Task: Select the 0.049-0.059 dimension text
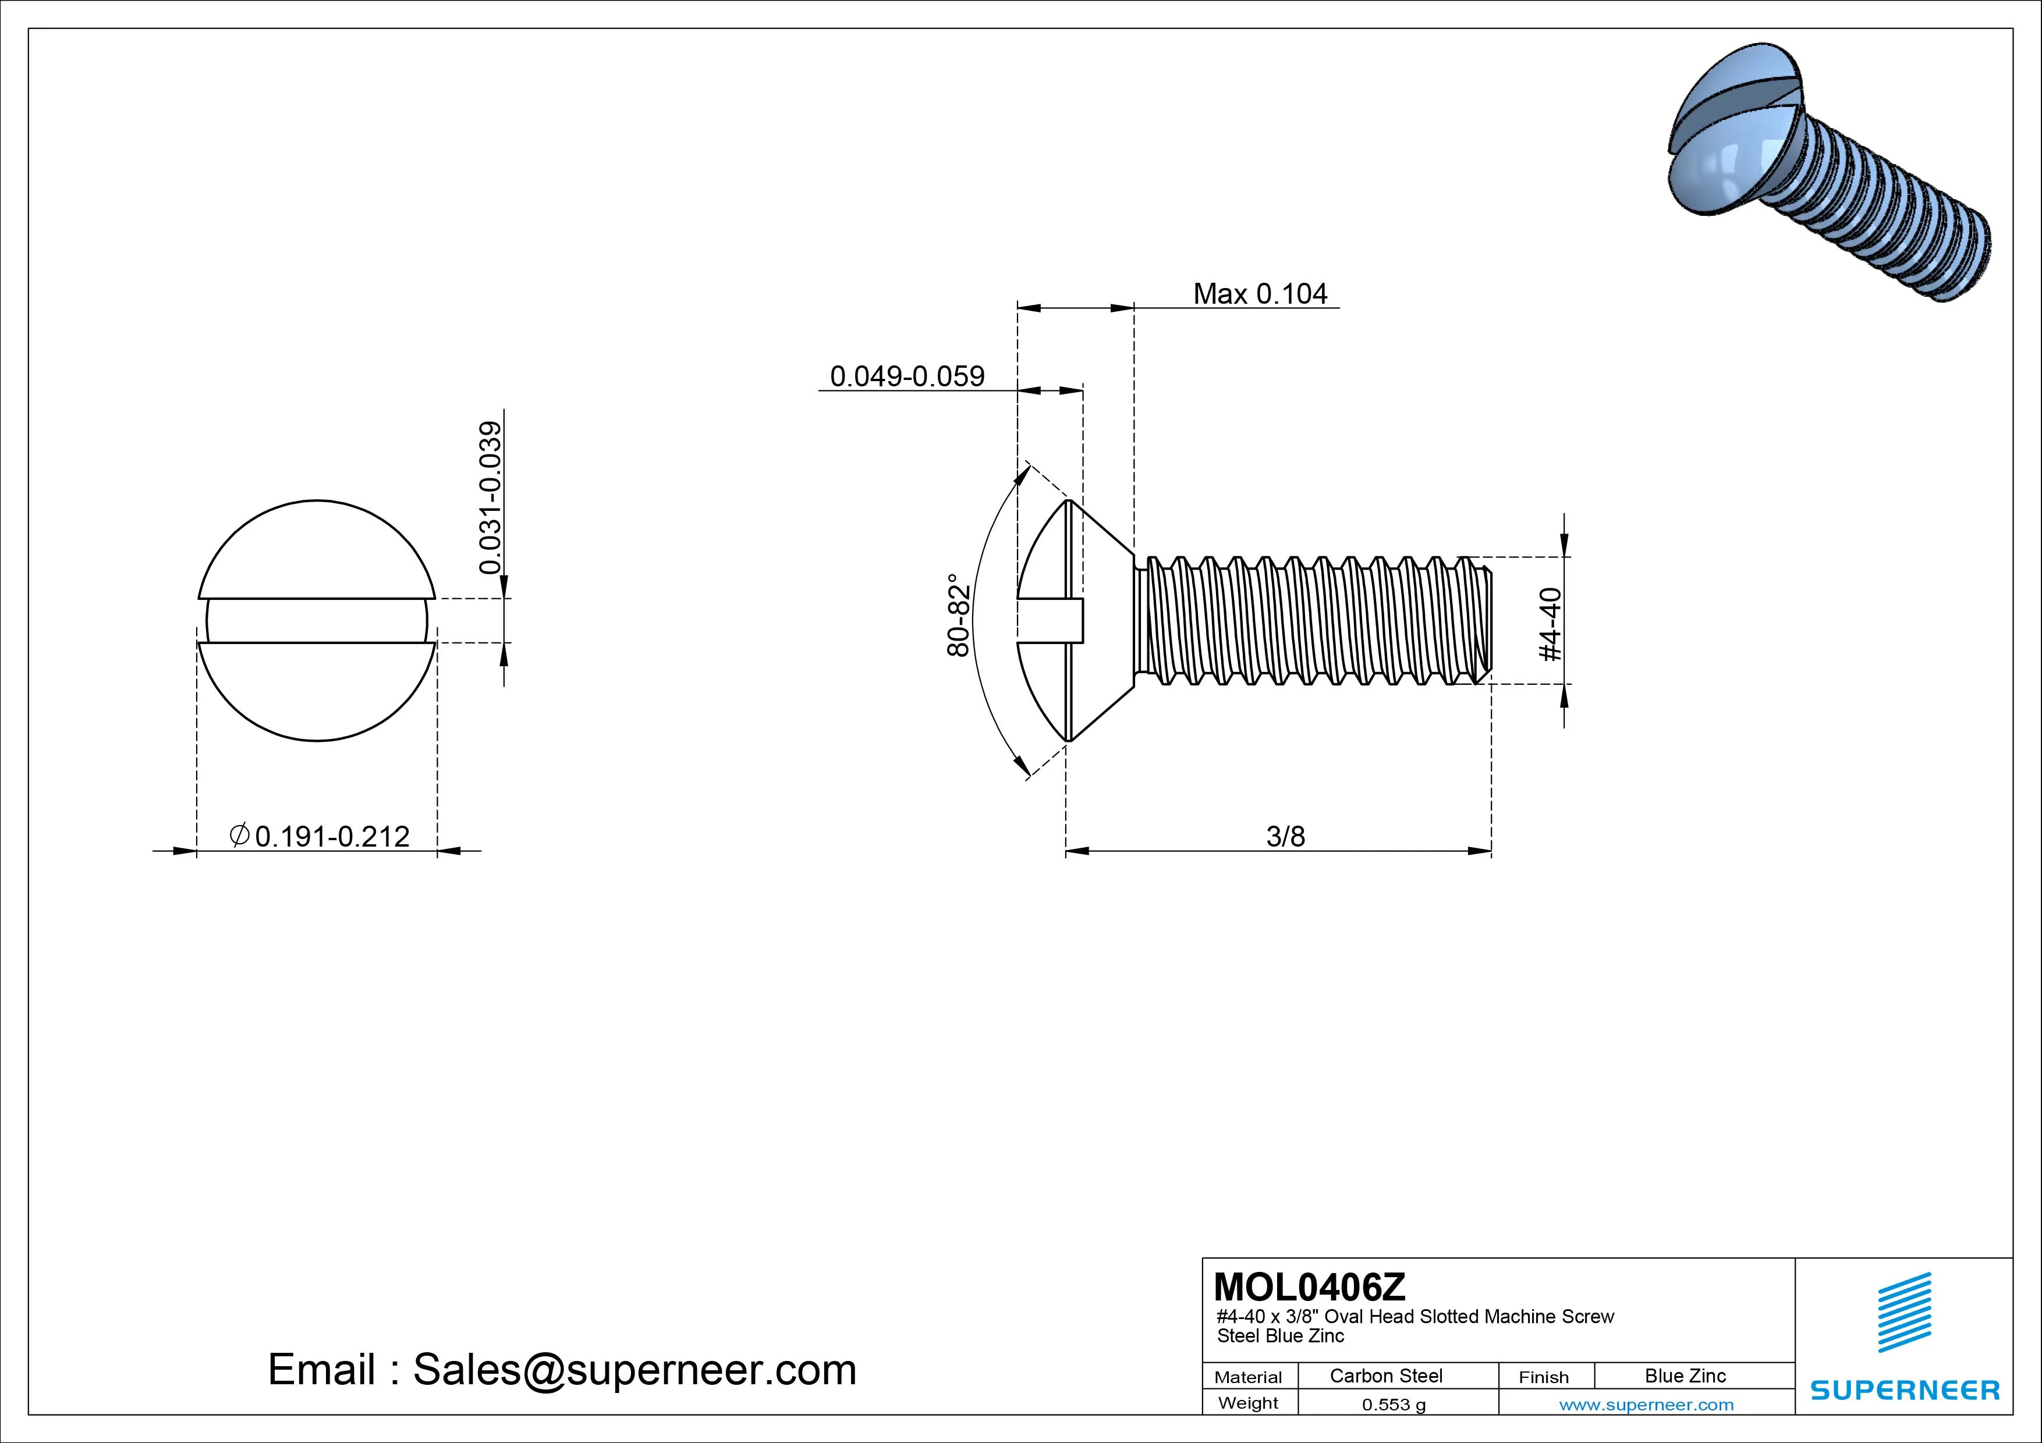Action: point(907,376)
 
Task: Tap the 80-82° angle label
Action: point(958,614)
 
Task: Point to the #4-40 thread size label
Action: point(1550,624)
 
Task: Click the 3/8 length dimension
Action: point(1285,837)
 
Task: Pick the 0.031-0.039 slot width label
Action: point(490,498)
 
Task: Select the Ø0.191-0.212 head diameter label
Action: point(320,837)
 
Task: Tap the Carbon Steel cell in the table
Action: point(1385,1376)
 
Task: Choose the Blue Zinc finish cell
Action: point(1685,1376)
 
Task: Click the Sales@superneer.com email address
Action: point(634,1370)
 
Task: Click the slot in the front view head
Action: point(317,621)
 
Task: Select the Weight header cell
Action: point(1248,1403)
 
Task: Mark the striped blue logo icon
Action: point(1904,1312)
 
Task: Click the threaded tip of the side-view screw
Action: point(1483,621)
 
